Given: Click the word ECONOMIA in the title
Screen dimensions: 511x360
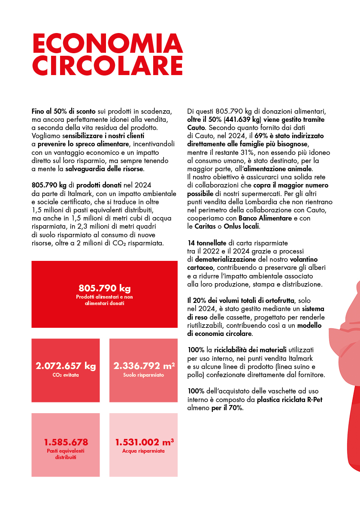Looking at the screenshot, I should tap(107, 44).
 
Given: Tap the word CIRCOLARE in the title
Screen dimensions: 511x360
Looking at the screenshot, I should tap(107, 65).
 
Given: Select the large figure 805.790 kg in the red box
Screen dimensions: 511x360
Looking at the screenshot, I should tap(104, 287).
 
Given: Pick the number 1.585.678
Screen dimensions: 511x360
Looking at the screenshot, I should tap(66, 442).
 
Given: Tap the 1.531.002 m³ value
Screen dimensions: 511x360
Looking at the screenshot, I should tap(144, 442).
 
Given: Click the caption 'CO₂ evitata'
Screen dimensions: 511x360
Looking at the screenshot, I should tap(66, 375).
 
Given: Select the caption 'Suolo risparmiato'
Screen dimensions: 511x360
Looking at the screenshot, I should tap(144, 375).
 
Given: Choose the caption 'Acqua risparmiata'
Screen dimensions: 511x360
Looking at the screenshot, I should tap(144, 451).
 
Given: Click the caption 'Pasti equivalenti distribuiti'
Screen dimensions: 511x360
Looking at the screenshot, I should tap(66, 454).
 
